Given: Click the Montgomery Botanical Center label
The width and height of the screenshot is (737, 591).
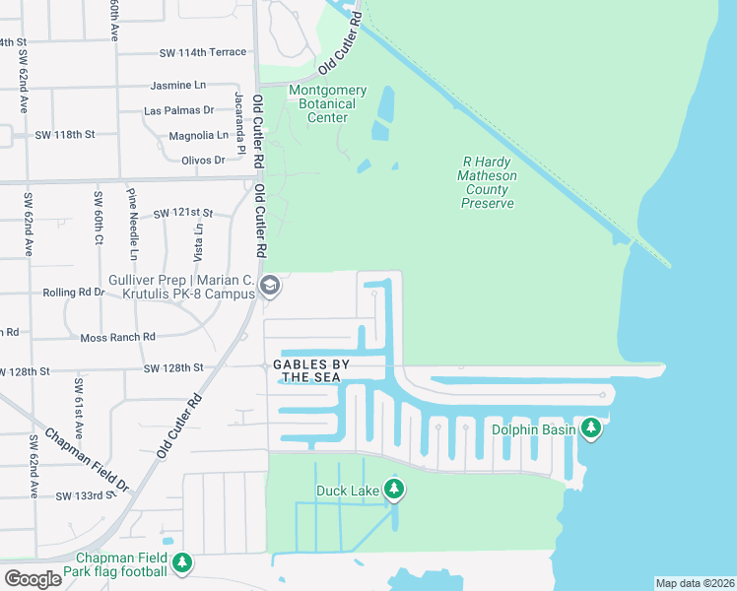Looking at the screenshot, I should (x=327, y=104).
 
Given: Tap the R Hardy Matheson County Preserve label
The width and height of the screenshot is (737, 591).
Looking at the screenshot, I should (x=488, y=183).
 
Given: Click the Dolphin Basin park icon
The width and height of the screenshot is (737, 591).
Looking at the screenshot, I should (x=591, y=428).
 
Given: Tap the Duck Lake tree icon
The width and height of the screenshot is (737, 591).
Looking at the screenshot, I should (x=395, y=490).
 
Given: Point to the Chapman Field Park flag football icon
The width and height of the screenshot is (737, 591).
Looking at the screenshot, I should (x=182, y=562).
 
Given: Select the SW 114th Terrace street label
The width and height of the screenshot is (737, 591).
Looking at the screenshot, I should (x=202, y=53).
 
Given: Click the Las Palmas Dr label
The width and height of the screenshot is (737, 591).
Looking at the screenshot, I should (x=179, y=110).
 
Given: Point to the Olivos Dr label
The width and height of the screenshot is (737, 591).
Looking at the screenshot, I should (x=203, y=160).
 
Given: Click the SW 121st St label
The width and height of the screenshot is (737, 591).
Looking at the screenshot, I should (x=183, y=213).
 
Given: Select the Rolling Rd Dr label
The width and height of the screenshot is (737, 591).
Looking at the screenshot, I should (x=73, y=293).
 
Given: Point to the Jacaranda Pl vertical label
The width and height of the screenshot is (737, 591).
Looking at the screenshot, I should (x=238, y=124).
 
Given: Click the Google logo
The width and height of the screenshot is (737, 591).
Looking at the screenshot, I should (x=33, y=579).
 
